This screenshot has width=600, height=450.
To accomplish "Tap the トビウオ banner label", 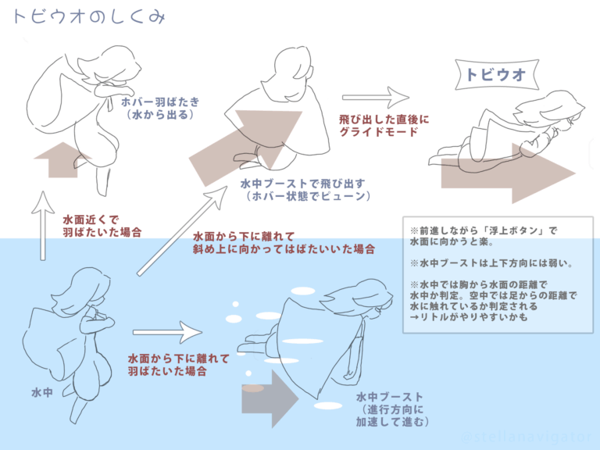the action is tap(496, 75).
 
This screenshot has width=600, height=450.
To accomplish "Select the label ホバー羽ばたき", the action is tap(160, 102).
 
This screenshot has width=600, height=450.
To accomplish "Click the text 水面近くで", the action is tap(91, 220).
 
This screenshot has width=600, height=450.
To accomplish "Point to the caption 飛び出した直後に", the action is tap(384, 120).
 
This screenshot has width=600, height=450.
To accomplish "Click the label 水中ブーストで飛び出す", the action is tap(302, 184).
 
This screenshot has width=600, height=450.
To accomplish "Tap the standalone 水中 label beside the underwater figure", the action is tap(41, 392).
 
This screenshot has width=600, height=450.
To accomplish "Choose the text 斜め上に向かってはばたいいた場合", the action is tap(284, 249).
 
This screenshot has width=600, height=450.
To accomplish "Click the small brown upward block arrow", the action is tap(63, 160).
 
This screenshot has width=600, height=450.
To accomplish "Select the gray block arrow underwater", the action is tap(270, 398).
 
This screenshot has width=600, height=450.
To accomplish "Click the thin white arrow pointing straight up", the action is tap(43, 226).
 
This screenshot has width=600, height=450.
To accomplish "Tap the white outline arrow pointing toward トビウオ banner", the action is tap(375, 97).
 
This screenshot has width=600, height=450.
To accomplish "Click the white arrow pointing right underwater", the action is tap(167, 332).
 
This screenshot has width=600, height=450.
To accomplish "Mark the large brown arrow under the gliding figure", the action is tap(508, 173).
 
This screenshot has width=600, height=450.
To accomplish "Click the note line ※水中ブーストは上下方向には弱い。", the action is tap(491, 263).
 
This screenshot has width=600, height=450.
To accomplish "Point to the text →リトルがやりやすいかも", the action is tap(469, 317).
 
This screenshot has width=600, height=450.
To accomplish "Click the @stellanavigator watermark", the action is tap(527, 437).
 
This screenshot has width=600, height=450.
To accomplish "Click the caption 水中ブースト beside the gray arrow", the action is tap(389, 397).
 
